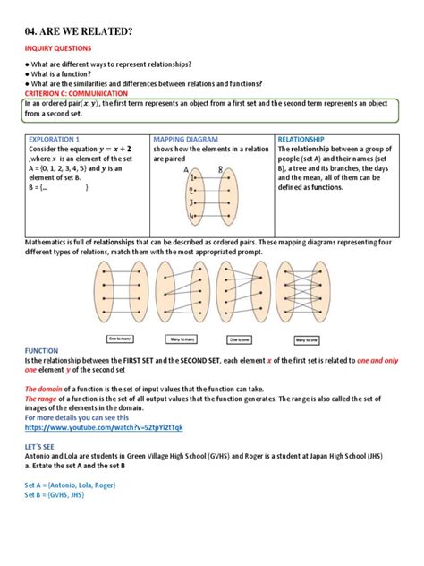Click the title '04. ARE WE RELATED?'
(x=78, y=32)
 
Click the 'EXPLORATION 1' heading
(x=55, y=140)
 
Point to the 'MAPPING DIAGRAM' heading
(x=186, y=140)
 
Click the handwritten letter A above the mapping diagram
(x=186, y=168)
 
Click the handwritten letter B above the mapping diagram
(x=219, y=167)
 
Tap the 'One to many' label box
(x=122, y=339)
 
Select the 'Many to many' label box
(x=182, y=339)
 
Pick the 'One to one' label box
(x=241, y=339)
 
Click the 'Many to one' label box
(x=307, y=339)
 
